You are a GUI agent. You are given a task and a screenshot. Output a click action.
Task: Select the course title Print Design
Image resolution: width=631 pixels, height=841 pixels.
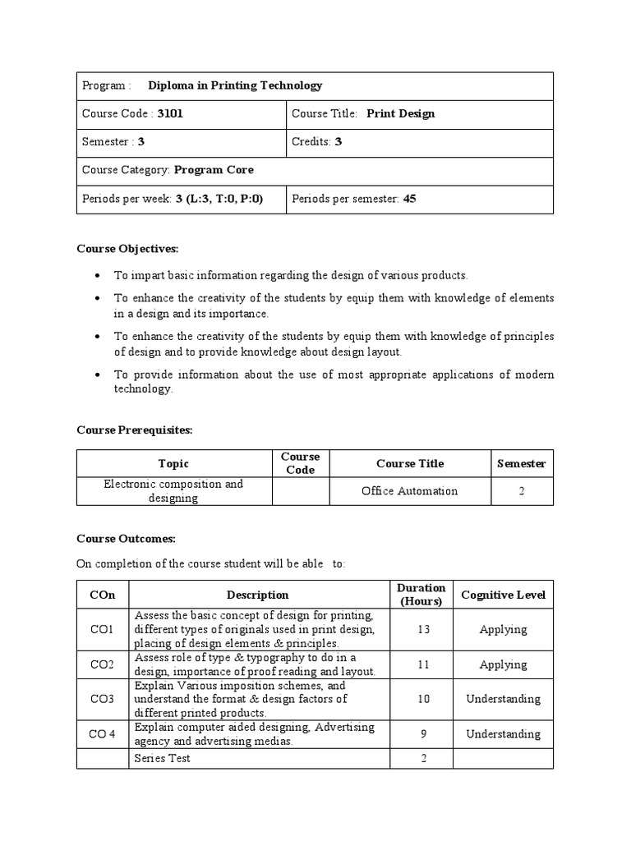[x=400, y=114]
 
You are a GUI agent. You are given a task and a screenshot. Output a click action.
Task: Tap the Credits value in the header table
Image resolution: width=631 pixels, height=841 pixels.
[x=338, y=142]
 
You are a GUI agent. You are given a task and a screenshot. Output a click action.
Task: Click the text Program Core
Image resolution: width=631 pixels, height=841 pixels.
[x=214, y=170]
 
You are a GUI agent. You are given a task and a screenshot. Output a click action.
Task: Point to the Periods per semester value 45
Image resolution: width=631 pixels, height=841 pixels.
[x=409, y=199]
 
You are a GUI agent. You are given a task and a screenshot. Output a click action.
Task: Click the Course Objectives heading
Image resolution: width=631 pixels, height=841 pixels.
[x=127, y=249]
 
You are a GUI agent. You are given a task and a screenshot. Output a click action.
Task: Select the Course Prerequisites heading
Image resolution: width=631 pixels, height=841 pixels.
[x=134, y=430]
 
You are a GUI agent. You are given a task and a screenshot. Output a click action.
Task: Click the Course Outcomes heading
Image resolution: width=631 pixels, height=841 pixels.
[x=126, y=539]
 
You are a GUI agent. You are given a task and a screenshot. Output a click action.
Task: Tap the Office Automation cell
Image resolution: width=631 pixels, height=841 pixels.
[x=409, y=491]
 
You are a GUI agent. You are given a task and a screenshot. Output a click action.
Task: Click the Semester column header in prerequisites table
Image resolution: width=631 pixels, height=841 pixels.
[x=522, y=464]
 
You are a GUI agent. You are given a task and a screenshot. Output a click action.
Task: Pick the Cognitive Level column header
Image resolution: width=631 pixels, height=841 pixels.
[x=503, y=595]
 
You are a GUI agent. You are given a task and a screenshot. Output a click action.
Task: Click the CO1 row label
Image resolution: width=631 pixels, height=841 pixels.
[x=103, y=630]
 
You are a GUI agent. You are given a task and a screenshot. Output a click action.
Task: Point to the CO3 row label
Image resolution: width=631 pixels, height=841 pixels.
[x=103, y=700]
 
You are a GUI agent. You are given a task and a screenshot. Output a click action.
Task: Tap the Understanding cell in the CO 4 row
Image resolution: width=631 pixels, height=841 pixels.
[x=503, y=734]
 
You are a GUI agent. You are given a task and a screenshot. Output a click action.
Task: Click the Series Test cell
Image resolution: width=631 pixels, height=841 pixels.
[x=162, y=758]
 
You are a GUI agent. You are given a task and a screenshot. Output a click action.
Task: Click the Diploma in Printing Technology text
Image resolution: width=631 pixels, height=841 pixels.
[x=235, y=85]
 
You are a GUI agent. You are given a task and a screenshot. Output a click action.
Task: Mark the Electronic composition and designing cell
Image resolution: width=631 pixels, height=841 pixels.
[x=173, y=491]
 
